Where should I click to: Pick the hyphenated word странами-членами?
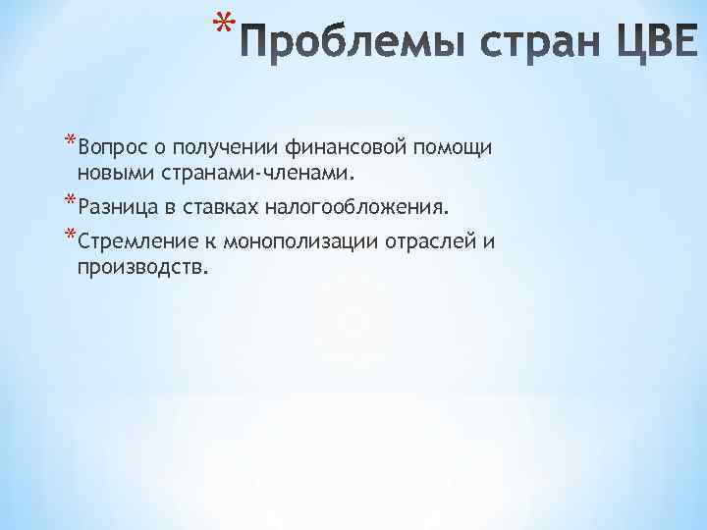(x=255, y=173)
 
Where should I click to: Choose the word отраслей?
(x=432, y=242)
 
